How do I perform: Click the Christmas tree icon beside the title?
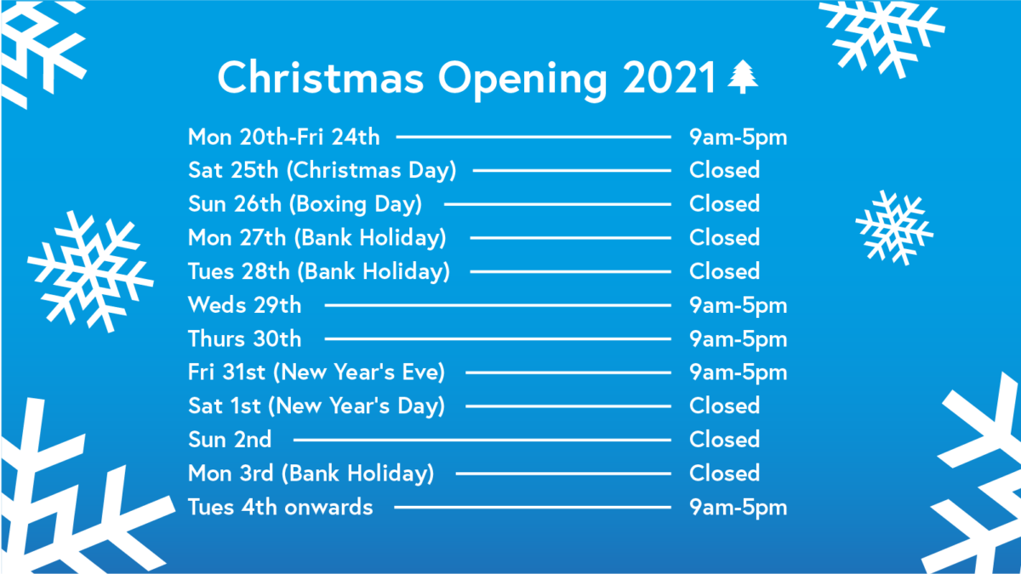(x=743, y=77)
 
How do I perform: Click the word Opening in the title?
(x=522, y=81)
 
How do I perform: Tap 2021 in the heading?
(x=669, y=77)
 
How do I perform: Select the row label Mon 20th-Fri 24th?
(x=283, y=137)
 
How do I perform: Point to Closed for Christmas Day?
(x=724, y=170)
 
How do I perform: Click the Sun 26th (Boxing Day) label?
(x=305, y=204)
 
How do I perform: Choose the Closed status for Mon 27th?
(x=724, y=237)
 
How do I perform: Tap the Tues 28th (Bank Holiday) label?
(x=319, y=271)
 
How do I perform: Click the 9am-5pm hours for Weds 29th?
(x=738, y=305)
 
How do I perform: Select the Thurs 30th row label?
(x=245, y=338)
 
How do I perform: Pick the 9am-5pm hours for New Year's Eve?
(x=738, y=373)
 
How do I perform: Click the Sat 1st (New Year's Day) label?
(x=317, y=406)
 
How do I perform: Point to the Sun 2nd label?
(x=230, y=440)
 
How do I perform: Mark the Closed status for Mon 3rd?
(x=724, y=473)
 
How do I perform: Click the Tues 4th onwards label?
(x=280, y=507)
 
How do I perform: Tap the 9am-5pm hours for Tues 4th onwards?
(x=738, y=508)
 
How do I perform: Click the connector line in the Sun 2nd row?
(x=482, y=440)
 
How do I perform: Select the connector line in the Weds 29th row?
(x=498, y=305)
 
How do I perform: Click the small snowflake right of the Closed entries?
(x=894, y=228)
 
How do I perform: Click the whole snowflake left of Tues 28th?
(x=90, y=271)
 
